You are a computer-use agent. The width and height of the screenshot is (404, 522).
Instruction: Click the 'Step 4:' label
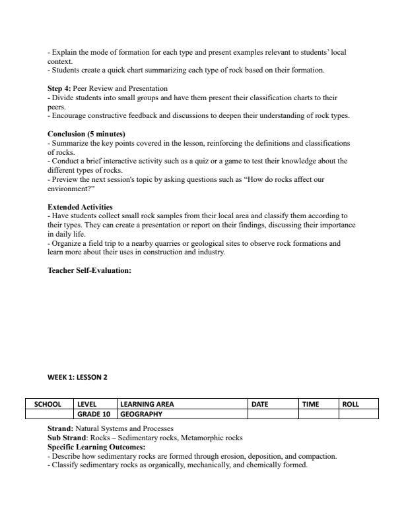[x=60, y=88]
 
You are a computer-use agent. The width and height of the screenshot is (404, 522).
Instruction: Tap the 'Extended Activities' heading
[x=80, y=207]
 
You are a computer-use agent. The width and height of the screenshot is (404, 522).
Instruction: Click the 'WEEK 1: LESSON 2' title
[x=77, y=378]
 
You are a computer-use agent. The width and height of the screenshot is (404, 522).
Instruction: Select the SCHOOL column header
[x=49, y=404]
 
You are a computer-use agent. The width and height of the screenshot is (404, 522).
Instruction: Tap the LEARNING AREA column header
[x=147, y=404]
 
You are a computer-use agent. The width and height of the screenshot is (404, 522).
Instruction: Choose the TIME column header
[x=311, y=404]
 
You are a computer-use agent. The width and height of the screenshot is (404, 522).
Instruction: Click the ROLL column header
[x=351, y=404]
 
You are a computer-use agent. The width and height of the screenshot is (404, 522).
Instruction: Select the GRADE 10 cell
[x=93, y=415]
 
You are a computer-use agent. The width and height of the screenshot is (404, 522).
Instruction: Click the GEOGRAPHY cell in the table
[x=141, y=415]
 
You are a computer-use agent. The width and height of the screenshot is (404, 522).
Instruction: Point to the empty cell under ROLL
[x=358, y=415]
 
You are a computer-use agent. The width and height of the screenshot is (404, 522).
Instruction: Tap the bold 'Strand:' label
[x=60, y=428]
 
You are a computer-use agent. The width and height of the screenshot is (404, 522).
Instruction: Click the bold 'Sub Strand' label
[x=67, y=438]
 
